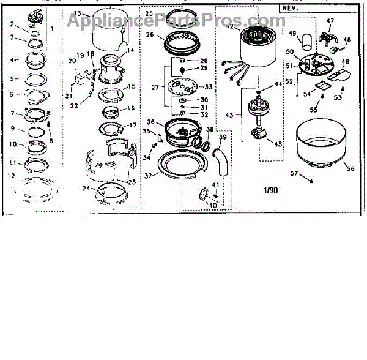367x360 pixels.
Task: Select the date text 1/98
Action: [x=270, y=190]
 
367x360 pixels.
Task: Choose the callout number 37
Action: [x=149, y=176]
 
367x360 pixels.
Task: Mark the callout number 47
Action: [x=330, y=21]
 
